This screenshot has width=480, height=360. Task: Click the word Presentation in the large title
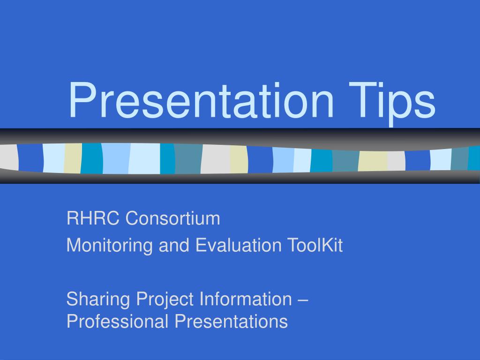(x=201, y=100)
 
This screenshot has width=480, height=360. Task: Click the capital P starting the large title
(x=81, y=100)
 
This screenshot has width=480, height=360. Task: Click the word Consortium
(x=172, y=218)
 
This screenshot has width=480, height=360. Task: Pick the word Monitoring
(x=110, y=246)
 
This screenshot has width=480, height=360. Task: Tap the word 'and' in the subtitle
(x=174, y=245)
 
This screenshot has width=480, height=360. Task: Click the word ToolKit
(x=315, y=245)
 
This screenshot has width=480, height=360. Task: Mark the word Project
(x=165, y=300)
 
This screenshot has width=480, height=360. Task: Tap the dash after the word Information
(x=302, y=300)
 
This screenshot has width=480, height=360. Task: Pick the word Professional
(x=117, y=322)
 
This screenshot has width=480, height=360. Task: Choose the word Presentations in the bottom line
(x=231, y=322)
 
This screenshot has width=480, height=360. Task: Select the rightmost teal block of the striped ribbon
(x=474, y=158)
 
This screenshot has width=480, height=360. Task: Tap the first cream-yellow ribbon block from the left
(x=73, y=158)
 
